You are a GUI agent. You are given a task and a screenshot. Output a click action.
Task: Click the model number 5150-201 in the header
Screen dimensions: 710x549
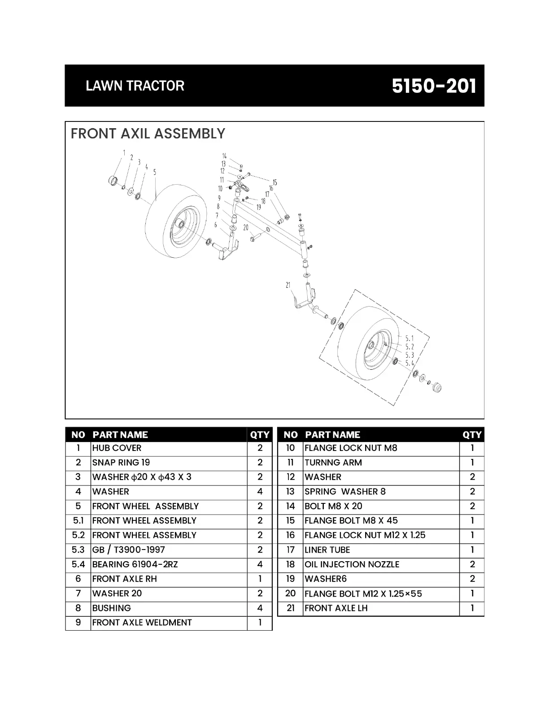pos(433,86)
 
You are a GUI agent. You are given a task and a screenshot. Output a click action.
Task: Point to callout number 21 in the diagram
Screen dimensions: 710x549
pos(288,285)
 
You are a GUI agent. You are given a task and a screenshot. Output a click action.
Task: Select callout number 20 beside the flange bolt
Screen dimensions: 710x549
pos(246,228)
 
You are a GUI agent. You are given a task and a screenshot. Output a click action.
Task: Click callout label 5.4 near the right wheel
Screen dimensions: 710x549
pos(410,363)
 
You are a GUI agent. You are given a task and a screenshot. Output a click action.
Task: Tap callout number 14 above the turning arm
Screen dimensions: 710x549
pos(224,156)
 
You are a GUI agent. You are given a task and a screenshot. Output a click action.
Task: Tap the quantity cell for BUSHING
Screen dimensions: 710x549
pos(260,608)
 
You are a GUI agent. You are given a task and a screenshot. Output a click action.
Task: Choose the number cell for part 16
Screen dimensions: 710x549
pos(291,535)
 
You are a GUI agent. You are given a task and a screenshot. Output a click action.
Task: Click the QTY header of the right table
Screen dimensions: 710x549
pos(472,434)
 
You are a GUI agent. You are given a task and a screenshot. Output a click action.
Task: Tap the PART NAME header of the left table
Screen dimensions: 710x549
pos(120,434)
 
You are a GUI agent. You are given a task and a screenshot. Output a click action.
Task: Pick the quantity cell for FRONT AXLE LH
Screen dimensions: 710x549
pos(472,608)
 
